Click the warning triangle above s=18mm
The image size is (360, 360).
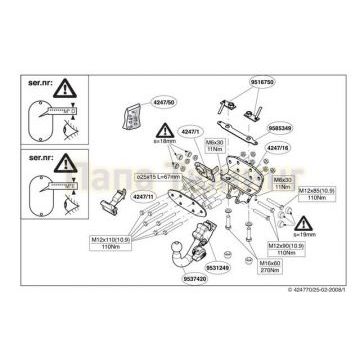tap(162, 134)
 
